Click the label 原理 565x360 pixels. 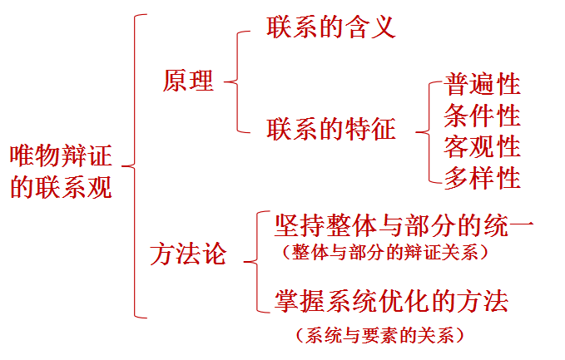click(189, 81)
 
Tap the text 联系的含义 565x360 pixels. click(330, 27)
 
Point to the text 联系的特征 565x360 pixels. click(331, 129)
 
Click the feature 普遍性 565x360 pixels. click(483, 83)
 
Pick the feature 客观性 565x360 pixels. click(483, 146)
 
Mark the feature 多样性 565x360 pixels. click(483, 177)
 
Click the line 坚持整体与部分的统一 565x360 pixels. click(404, 224)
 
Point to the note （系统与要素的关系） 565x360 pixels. click(379, 336)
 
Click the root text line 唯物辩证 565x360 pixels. click(61, 155)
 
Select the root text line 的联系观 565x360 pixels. click(61, 187)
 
